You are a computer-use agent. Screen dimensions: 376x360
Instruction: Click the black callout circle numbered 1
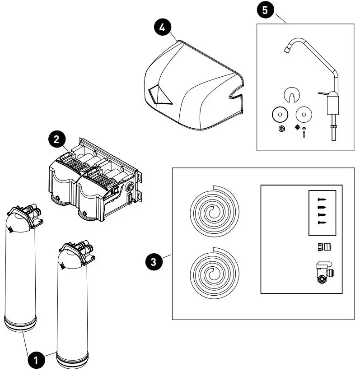click(x=36, y=360)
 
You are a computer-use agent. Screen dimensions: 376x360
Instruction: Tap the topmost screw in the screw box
click(x=321, y=199)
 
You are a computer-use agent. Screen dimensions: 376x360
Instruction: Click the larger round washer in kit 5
click(x=280, y=115)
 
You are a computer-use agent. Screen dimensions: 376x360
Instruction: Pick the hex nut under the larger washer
click(x=281, y=129)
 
